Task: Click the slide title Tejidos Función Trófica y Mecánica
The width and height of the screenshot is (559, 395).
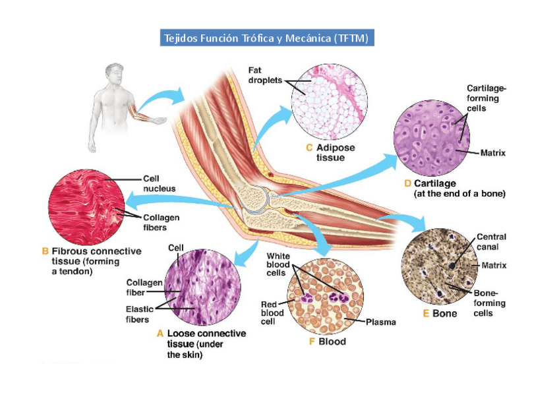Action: click(x=267, y=38)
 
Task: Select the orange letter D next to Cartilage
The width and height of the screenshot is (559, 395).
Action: click(x=407, y=183)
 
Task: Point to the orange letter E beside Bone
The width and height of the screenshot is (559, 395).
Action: click(x=426, y=313)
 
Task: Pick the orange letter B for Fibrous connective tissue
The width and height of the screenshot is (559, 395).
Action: click(x=45, y=251)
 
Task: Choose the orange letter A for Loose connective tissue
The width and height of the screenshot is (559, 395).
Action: click(x=160, y=334)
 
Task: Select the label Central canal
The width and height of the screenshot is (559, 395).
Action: click(x=491, y=242)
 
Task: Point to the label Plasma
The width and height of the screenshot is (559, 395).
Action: click(x=380, y=322)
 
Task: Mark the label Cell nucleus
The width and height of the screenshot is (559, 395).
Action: click(x=159, y=183)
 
